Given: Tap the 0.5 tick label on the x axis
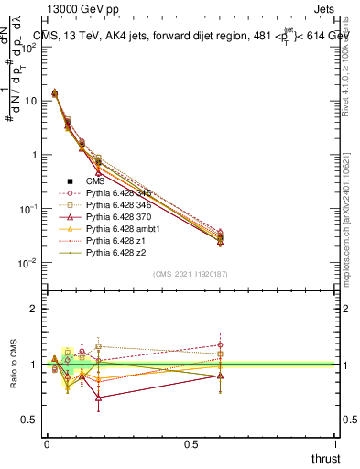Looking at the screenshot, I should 191,443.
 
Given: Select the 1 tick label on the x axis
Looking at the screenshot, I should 336,443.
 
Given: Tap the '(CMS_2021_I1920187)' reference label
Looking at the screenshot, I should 191,274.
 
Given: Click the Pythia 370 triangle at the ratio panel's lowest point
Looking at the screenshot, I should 98,398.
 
